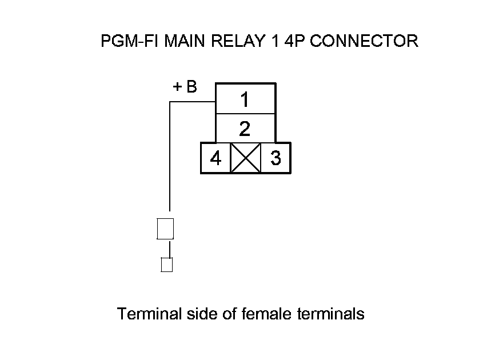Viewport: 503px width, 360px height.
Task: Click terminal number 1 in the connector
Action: (x=245, y=100)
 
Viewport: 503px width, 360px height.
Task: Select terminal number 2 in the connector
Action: (x=245, y=129)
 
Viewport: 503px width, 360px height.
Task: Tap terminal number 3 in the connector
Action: (x=276, y=158)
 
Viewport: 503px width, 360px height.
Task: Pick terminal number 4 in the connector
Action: (x=215, y=158)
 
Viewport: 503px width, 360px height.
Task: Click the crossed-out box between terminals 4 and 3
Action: (x=245, y=158)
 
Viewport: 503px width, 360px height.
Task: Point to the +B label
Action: (x=185, y=87)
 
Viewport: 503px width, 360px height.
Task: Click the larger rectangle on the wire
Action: (x=165, y=229)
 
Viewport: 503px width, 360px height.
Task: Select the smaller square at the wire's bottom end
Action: (x=167, y=265)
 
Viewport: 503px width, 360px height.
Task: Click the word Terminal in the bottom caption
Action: (x=149, y=314)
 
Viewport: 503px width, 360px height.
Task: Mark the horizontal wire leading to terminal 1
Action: (x=192, y=102)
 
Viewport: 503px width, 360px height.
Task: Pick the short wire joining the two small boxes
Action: (x=169, y=249)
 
